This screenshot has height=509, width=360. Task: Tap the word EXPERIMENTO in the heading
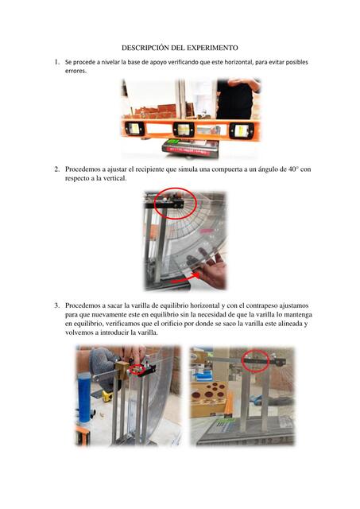pos(216,48)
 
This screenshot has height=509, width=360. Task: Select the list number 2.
pos(56,169)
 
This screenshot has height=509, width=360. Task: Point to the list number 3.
pos(56,305)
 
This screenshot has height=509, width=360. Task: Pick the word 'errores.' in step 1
pos(75,71)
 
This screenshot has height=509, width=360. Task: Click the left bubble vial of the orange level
pos(134,129)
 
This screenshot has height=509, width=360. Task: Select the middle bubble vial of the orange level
pos(184,130)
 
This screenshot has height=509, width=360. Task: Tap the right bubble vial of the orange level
pos(242,130)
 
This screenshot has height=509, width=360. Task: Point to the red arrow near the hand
pos(185,278)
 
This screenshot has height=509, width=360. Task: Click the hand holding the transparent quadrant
pos(211,270)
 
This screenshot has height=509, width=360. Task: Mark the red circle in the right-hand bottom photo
pos(256,360)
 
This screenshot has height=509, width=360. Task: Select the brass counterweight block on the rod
pos(122,370)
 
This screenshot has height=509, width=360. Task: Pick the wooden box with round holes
pos(208,399)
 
